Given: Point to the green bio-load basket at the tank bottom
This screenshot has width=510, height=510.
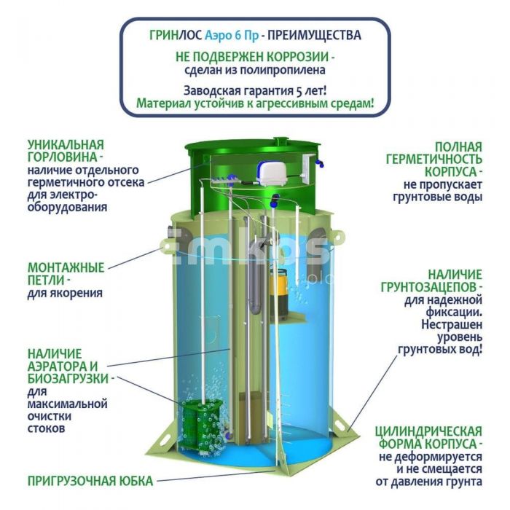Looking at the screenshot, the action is (201, 426).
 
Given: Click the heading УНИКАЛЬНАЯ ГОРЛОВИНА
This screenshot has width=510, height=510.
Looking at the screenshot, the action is (66, 151).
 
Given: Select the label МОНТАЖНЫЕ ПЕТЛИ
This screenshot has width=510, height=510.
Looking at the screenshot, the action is (66, 274).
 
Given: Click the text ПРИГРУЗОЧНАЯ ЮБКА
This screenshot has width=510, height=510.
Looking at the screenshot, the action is (90, 481).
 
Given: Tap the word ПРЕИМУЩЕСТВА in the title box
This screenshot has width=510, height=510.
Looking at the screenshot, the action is (314, 35).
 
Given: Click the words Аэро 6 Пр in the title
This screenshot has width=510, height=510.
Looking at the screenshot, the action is (232, 35).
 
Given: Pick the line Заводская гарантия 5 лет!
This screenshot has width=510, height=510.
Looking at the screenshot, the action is (255, 91).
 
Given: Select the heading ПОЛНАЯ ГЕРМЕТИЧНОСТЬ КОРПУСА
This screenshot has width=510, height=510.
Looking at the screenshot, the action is (434, 159).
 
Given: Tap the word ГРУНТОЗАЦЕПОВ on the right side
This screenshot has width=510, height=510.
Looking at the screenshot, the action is (431, 287).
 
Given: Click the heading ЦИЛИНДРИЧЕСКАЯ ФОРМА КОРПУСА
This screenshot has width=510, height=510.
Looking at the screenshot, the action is (428, 437).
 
